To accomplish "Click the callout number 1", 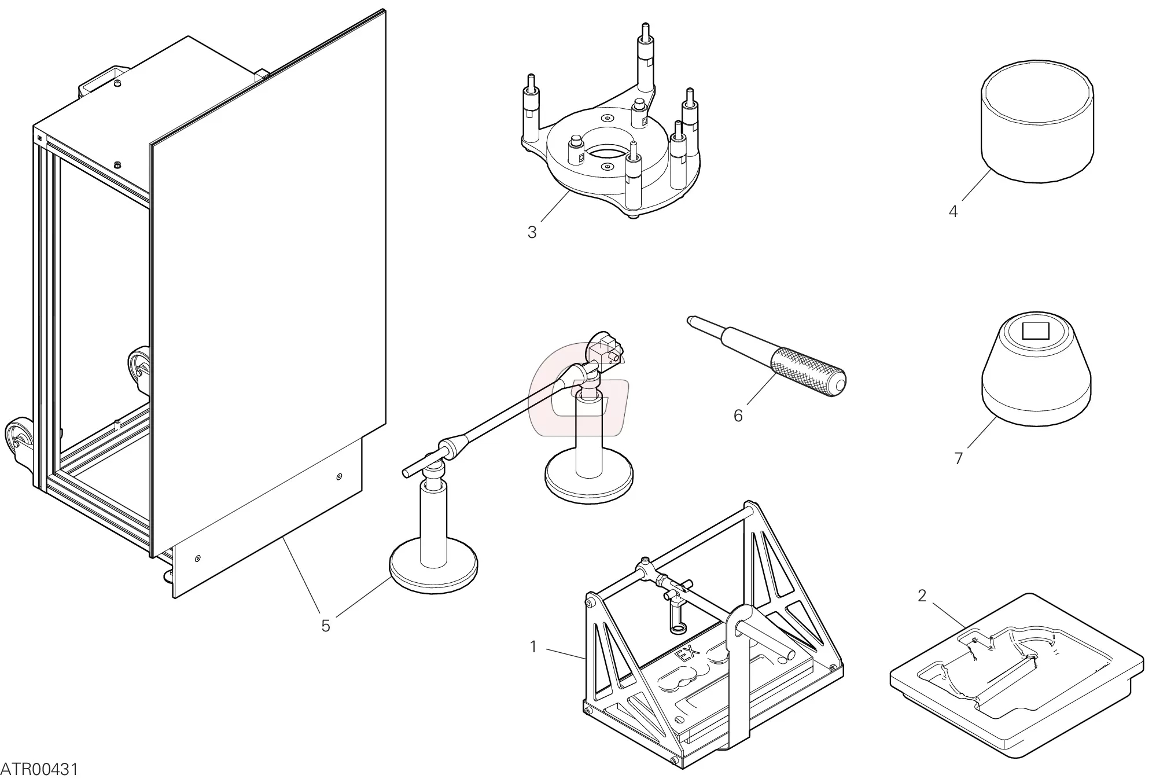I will (x=533, y=646).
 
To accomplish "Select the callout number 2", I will (x=922, y=596).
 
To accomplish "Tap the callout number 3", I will (x=532, y=232).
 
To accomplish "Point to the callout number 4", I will (x=953, y=211).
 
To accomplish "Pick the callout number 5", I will (x=325, y=626).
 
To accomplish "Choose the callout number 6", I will (x=738, y=416).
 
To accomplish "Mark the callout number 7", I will (x=958, y=458).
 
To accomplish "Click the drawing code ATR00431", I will (x=39, y=769).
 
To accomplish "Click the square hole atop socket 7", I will (x=1035, y=331).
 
